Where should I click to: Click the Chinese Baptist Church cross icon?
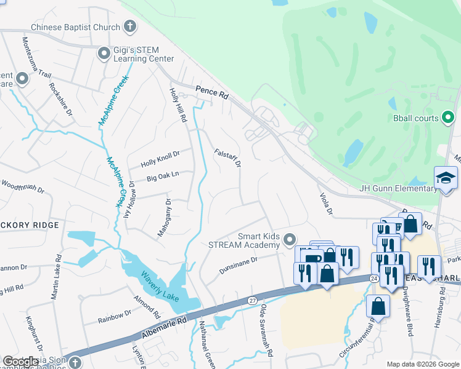129,26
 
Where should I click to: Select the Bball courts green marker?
448,117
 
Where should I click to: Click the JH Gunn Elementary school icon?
446,178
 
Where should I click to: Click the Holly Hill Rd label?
178,105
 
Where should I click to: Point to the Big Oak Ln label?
163,175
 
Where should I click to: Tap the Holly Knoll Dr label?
160,159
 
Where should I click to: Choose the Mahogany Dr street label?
168,212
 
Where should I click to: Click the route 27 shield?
252,301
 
